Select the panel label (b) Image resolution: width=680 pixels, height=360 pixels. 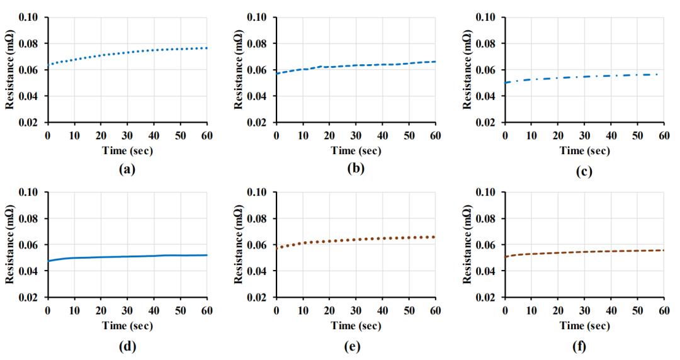pos(355,169)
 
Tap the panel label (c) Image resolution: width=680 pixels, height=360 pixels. pos(584,170)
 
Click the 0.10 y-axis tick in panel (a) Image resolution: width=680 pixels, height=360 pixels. pos(30,17)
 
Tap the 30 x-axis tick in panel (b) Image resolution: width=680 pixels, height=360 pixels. pos(355,135)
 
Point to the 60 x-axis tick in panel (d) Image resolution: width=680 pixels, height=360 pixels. pos(207,310)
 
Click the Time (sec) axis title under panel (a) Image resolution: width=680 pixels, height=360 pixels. pos(127,150)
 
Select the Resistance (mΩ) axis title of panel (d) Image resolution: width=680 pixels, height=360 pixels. pos(10,244)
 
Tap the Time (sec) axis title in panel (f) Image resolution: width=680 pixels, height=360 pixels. pos(584,325)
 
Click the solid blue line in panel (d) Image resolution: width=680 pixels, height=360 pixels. pos(126,257)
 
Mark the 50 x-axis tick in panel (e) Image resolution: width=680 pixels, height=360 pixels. pos(409,310)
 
